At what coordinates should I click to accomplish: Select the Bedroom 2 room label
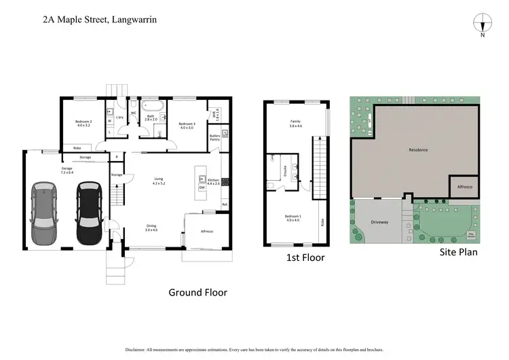[x=83, y=124]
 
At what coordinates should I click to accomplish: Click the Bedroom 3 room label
[x=186, y=124]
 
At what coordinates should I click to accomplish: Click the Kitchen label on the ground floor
[x=214, y=181]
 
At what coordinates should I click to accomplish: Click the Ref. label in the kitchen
[x=225, y=204]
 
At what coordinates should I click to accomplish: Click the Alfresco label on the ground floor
[x=207, y=232]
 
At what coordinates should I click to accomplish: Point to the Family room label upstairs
[x=295, y=124]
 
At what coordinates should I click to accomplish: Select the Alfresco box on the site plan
[x=466, y=186]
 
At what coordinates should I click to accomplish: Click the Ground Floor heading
[x=197, y=292]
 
